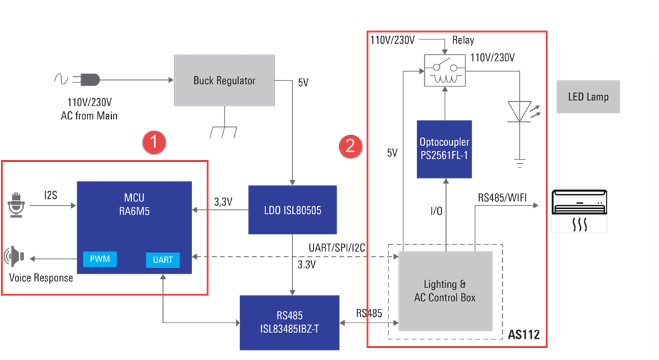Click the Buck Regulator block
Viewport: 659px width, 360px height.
pos(224,80)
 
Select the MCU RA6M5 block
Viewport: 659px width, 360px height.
pos(134,219)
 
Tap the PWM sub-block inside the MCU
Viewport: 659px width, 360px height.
pos(100,259)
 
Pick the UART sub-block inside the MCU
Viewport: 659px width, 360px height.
pos(162,259)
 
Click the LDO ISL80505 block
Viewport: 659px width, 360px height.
pos(292,210)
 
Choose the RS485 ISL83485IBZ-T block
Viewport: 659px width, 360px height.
pos(290,322)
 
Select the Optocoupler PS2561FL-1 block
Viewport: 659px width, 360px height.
pos(444,148)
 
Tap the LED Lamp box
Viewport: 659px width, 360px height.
pos(588,97)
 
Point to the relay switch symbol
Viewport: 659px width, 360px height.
pos(445,70)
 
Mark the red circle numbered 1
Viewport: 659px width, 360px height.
pos(153,142)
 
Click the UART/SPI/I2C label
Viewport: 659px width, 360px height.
pos(336,248)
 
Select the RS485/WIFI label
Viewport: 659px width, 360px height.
pos(502,198)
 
